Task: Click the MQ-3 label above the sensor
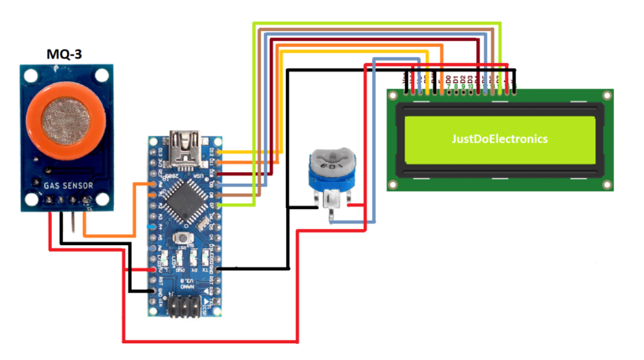(69, 56)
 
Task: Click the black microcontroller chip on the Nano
(184, 199)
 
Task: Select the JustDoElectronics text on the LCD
(501, 137)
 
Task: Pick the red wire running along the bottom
(210, 342)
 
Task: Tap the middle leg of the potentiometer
(333, 210)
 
